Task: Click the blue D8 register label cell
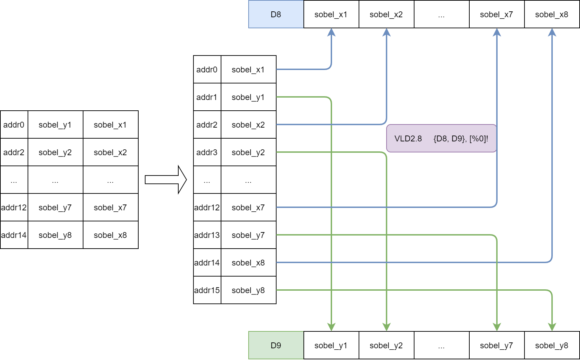(x=276, y=14)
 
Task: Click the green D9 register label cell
(x=276, y=345)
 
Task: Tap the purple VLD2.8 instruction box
(x=441, y=138)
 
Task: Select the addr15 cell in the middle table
(x=207, y=290)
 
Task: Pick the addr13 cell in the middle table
(x=207, y=235)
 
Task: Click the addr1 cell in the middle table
(x=207, y=97)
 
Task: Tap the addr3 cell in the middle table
(x=207, y=152)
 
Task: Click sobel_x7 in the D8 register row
(x=497, y=14)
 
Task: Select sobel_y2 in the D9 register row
(x=386, y=345)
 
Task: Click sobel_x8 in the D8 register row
(x=552, y=14)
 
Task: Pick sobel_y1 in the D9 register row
(x=331, y=345)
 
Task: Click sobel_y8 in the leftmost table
(x=55, y=235)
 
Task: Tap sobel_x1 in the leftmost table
(x=110, y=124)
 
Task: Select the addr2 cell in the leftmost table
(x=14, y=152)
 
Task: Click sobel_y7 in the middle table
(x=248, y=235)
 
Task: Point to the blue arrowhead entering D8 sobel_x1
(x=331, y=32)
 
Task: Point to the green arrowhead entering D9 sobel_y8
(x=552, y=327)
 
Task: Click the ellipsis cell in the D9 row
(x=441, y=345)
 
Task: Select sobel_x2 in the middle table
(x=248, y=124)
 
